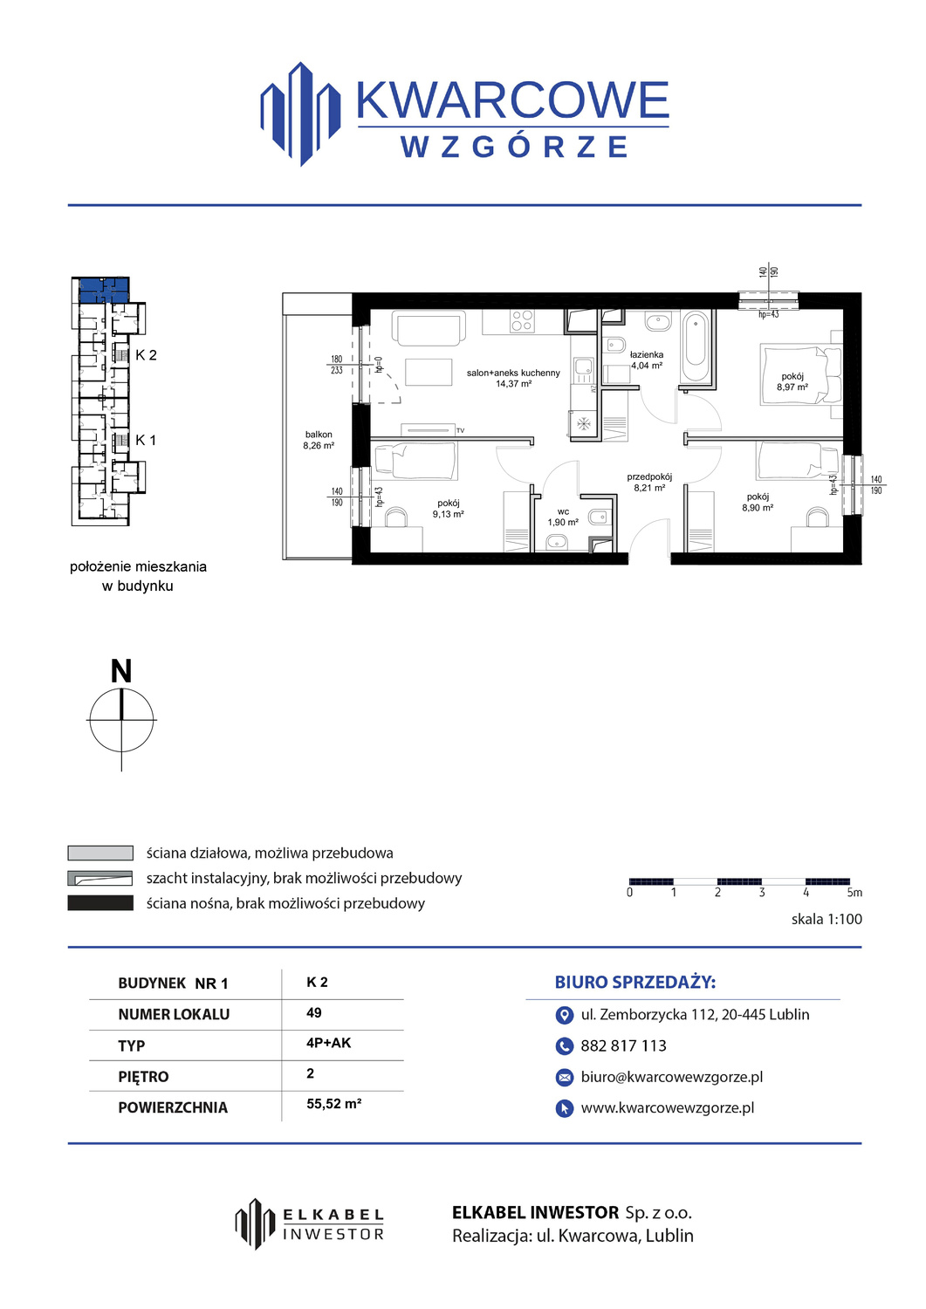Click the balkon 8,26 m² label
coord(318,440)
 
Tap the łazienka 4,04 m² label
coord(646,360)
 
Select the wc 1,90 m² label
coord(562,517)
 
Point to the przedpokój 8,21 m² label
coord(649,482)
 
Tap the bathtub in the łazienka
coord(696,346)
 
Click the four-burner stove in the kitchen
coord(522,321)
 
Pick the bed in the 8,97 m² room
coord(800,374)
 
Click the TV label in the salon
coord(460,431)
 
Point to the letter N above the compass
coord(121,671)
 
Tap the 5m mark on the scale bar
coord(854,893)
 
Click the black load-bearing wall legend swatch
coord(100,903)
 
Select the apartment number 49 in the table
coord(314,1012)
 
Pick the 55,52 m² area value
coord(333,1103)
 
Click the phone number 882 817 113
coord(623,1045)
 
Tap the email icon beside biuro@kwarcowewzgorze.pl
coord(564,1077)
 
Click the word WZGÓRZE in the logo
coord(514,147)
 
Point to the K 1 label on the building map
coord(146,440)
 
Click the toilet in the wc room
coord(599,517)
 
